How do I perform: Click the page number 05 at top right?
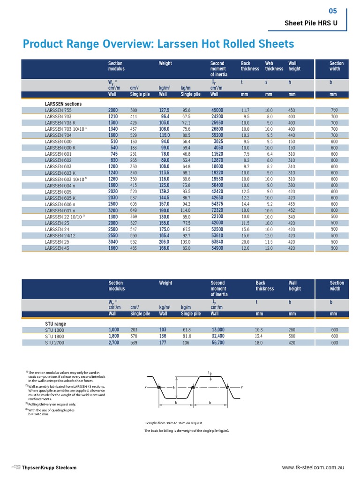click(x=333, y=11)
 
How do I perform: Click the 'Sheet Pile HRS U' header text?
click(x=316, y=24)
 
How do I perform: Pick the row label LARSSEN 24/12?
click(x=60, y=236)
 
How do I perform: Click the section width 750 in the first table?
click(x=334, y=110)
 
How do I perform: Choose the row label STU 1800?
click(x=54, y=336)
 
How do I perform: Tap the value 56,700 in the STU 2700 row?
click(x=218, y=343)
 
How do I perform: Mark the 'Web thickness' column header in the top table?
click(x=274, y=66)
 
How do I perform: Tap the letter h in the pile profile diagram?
click(x=173, y=388)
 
